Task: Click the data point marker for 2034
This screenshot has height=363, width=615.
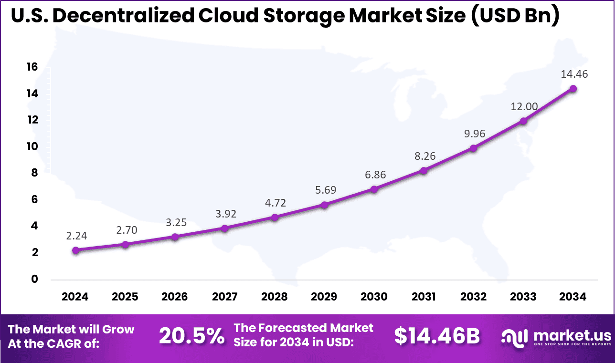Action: pos(573,89)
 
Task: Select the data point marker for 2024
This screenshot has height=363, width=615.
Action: pos(75,250)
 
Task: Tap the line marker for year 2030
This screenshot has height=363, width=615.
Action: pos(374,189)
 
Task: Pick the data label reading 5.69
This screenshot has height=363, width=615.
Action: pos(325,190)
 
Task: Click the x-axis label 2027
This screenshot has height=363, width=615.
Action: pos(224,297)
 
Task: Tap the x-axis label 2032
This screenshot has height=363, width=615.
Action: pos(473,297)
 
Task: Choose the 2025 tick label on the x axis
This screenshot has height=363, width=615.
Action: pos(125,297)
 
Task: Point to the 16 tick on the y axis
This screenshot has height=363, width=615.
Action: pos(32,67)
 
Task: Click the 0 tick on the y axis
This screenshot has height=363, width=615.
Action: pos(34,279)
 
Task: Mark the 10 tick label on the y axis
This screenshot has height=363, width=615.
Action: pos(32,147)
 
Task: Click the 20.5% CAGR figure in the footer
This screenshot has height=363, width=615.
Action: pos(191,336)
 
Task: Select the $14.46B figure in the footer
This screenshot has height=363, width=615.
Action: pos(436,336)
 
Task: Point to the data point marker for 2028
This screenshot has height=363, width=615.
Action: pos(275,218)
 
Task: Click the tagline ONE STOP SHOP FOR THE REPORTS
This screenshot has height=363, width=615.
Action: pos(573,344)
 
